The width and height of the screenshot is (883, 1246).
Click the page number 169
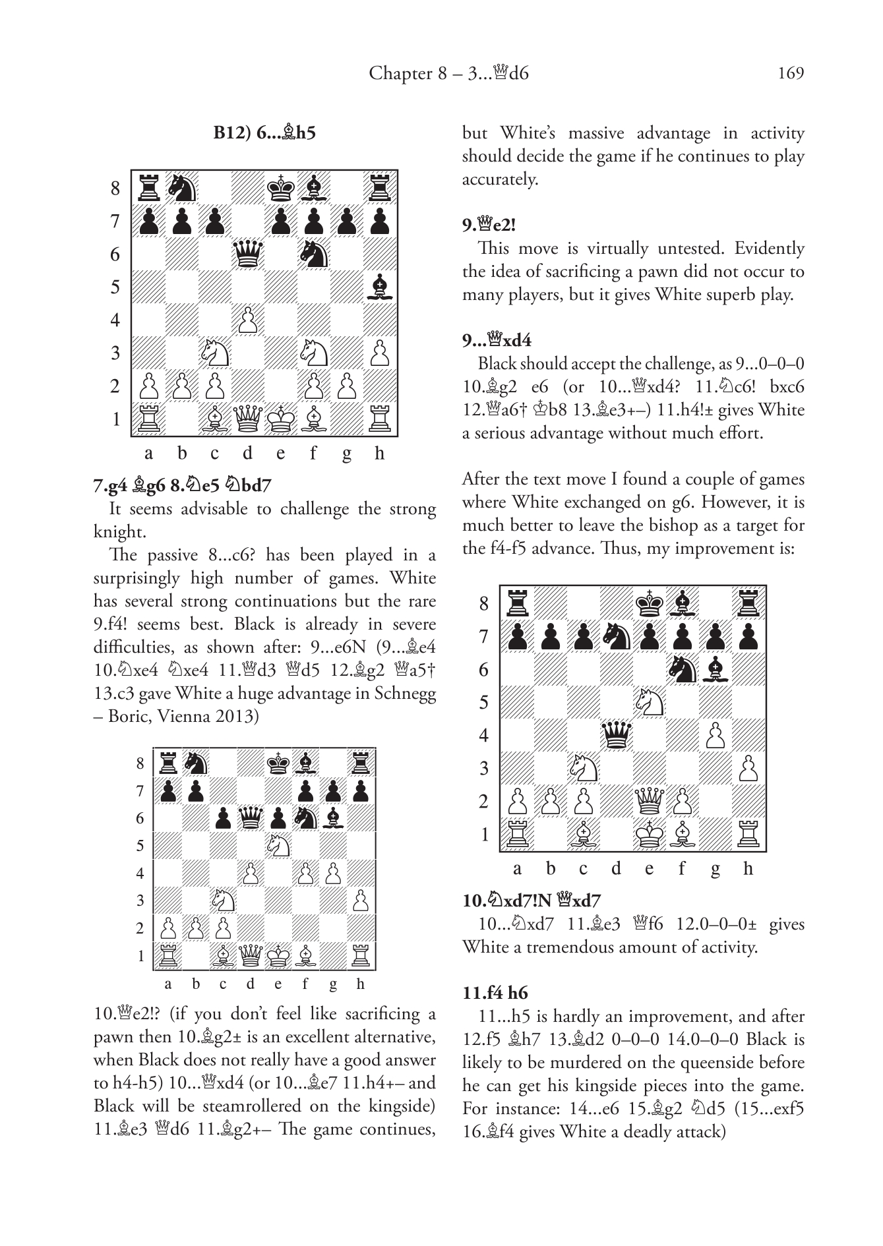pyautogui.click(x=791, y=73)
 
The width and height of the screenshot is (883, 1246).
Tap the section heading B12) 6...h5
pyautogui.click(x=264, y=133)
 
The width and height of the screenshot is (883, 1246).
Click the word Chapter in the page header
pyautogui.click(x=400, y=73)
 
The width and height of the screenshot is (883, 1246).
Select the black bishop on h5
pyautogui.click(x=379, y=287)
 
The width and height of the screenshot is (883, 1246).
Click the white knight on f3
pyautogui.click(x=313, y=353)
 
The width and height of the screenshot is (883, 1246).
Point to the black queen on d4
pyautogui.click(x=616, y=735)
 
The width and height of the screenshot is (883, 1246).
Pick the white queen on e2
pyautogui.click(x=649, y=801)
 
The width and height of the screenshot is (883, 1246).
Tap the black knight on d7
pyautogui.click(x=616, y=636)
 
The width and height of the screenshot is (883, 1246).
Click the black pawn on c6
pyautogui.click(x=224, y=818)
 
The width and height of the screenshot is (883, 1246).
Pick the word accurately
pyautogui.click(x=500, y=179)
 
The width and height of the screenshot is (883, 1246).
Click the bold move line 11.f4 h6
pyautogui.click(x=495, y=993)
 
